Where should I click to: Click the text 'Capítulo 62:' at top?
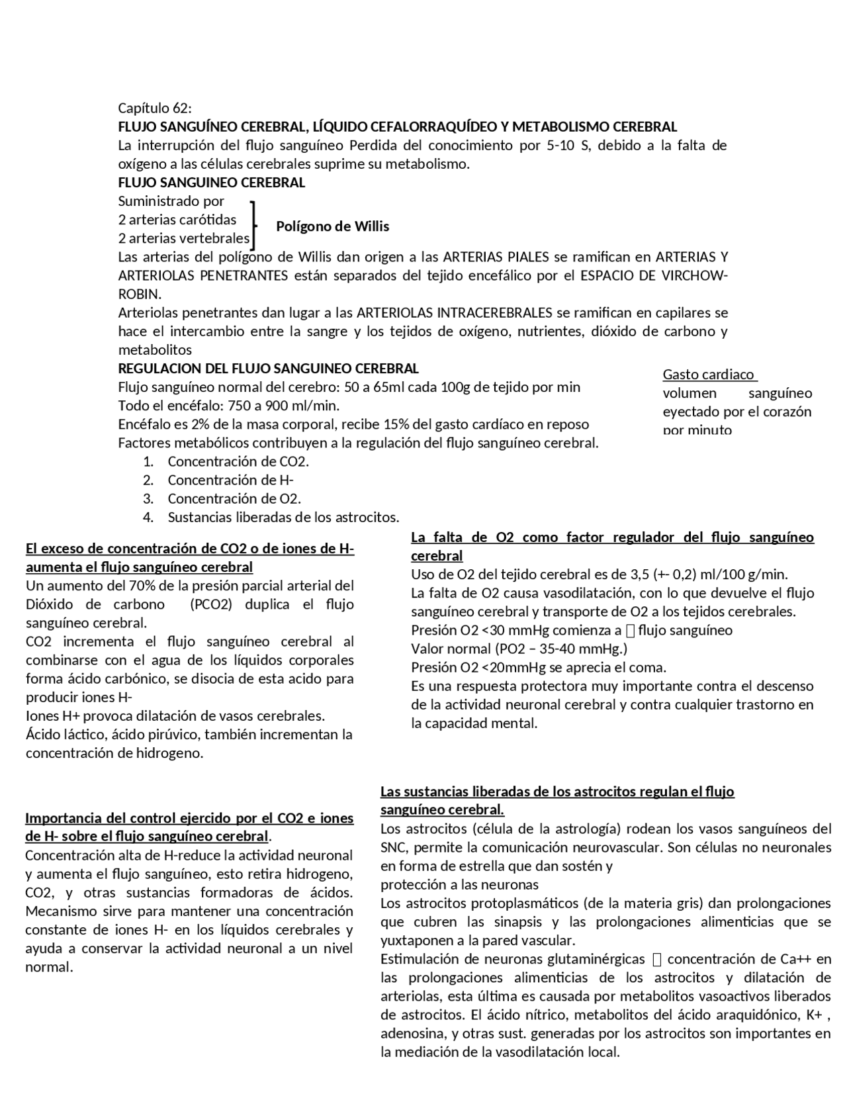tap(155, 108)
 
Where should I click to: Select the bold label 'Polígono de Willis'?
tap(332, 226)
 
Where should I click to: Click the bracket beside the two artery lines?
tap(253, 225)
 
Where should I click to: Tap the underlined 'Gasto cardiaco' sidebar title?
tap(709, 375)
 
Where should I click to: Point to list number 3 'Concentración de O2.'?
tap(234, 499)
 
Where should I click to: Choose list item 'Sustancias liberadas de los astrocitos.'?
tap(283, 518)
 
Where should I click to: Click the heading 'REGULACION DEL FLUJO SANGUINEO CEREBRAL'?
tap(268, 369)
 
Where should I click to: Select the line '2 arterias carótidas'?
tap(177, 220)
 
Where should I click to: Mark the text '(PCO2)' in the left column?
tap(210, 604)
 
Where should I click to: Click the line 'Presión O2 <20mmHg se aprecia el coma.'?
tap(538, 667)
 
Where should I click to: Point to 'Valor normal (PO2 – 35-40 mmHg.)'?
tap(519, 649)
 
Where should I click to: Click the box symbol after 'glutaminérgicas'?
tap(656, 960)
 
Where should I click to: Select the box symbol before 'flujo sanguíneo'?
tap(630, 631)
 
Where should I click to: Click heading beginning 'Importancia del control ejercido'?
tap(189, 819)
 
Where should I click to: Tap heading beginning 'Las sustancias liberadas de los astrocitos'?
tap(557, 792)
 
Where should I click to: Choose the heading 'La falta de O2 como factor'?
tap(612, 537)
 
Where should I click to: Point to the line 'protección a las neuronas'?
tap(459, 885)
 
